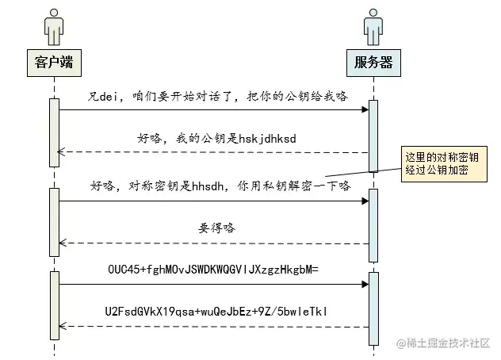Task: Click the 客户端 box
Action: [54, 61]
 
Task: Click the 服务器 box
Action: [373, 61]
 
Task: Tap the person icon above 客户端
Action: [54, 28]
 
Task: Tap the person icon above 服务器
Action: [373, 28]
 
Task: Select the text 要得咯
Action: [217, 228]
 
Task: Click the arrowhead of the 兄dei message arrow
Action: [364, 109]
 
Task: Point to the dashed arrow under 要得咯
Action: [214, 243]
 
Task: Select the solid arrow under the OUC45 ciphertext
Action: [214, 283]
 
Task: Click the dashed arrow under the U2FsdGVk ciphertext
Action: [214, 326]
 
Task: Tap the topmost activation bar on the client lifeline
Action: [55, 132]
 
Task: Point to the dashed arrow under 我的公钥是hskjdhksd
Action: [214, 151]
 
